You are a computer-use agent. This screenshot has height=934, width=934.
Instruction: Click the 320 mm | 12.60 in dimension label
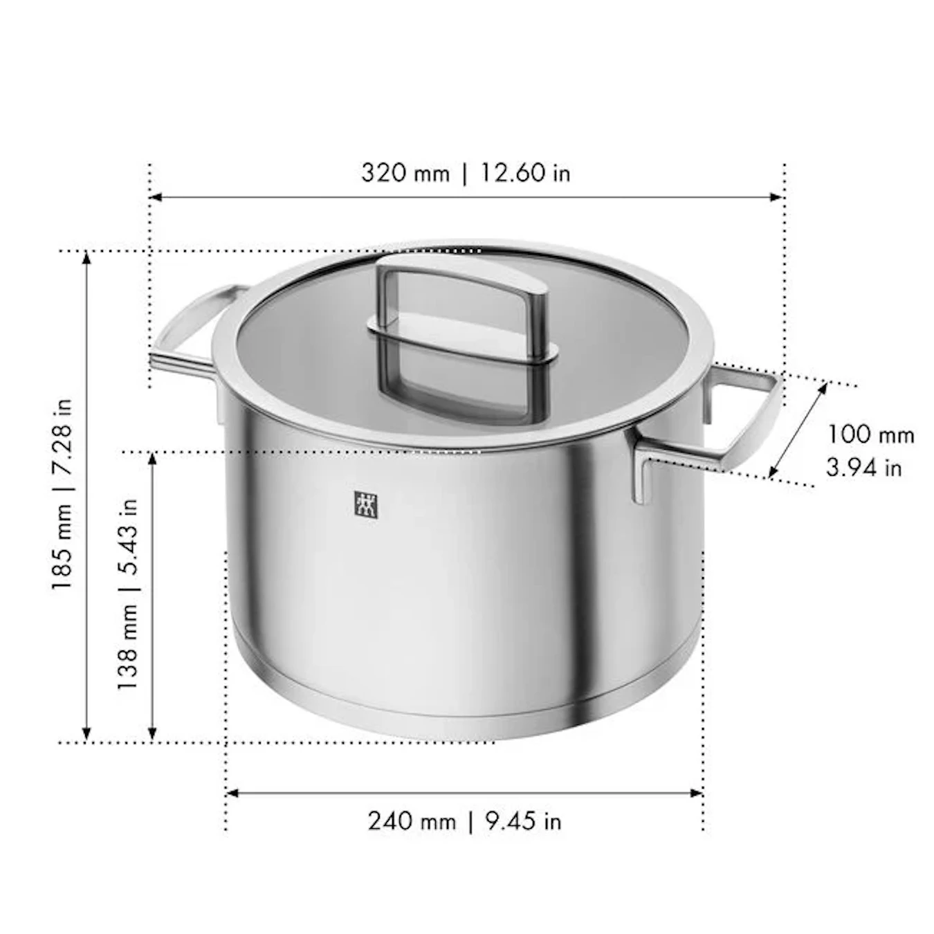(466, 173)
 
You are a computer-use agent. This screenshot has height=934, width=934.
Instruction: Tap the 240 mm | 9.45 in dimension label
(464, 821)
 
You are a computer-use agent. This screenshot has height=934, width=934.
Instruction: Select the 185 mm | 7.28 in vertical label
(62, 493)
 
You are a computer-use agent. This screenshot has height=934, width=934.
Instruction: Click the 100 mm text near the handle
(870, 434)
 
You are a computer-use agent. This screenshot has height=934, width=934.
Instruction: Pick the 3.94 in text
(863, 468)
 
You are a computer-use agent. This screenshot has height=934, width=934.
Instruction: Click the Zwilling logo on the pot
(366, 505)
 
